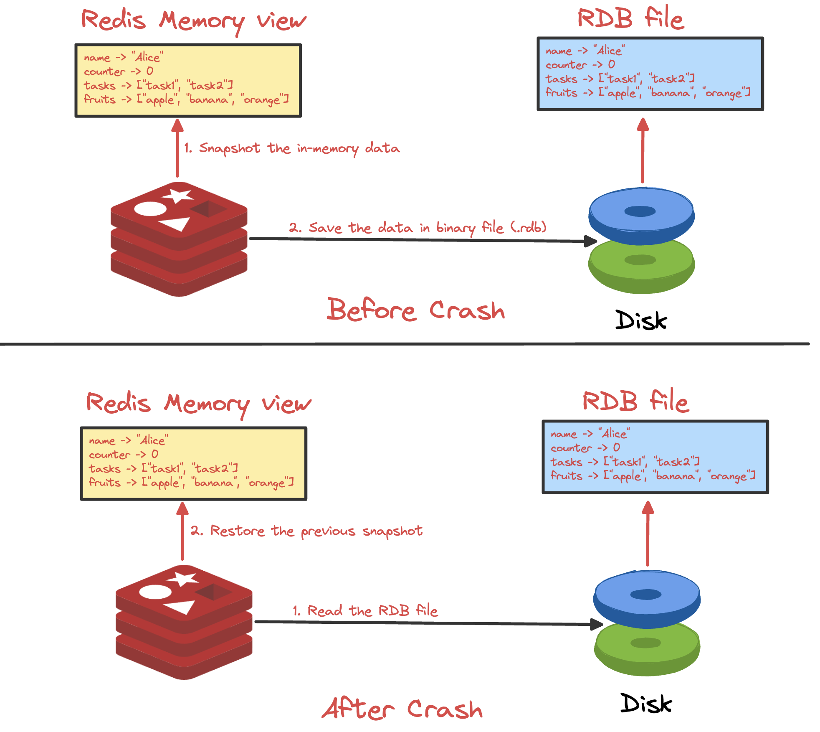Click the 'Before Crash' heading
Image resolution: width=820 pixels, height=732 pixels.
point(415,310)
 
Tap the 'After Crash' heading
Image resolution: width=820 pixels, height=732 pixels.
point(402,709)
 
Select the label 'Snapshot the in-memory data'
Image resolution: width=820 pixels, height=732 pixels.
point(299,148)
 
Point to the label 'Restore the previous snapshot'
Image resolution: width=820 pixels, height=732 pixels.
point(316,531)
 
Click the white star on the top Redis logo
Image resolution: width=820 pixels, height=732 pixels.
point(177,195)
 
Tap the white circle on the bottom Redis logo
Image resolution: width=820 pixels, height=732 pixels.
point(155,592)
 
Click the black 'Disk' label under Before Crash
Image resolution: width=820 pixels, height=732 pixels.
point(640,320)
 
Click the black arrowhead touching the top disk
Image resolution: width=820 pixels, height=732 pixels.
point(590,241)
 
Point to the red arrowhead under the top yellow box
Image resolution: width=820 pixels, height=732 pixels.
point(177,125)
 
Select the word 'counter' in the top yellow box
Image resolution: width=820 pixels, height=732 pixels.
point(104,71)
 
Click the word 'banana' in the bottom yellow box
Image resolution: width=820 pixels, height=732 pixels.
point(213,483)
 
